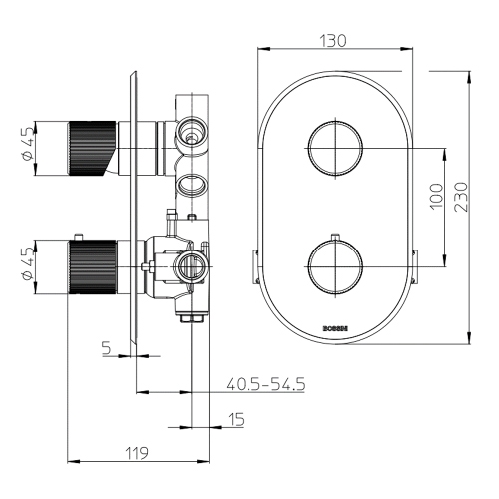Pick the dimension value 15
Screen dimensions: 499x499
click(236, 420)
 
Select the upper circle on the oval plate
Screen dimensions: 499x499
click(334, 148)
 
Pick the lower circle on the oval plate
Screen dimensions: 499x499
click(334, 265)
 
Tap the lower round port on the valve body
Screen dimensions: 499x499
click(191, 264)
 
